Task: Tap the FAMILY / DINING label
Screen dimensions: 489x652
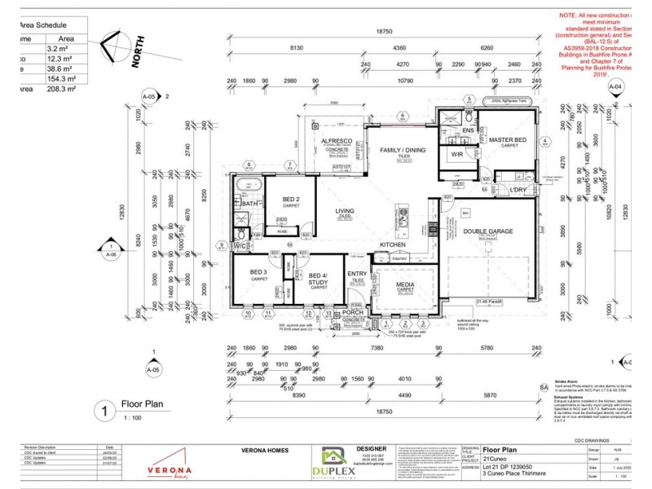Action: point(403,150)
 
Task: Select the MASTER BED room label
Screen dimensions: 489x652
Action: point(508,140)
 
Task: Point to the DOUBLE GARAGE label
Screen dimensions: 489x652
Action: point(488,231)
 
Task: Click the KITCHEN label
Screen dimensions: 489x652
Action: point(392,244)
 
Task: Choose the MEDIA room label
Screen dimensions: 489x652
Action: point(405,284)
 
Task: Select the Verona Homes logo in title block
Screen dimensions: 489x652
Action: point(169,469)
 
